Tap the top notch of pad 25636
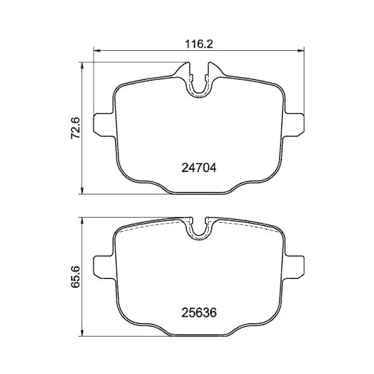198,228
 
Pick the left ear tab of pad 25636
102,266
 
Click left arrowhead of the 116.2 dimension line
95,52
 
